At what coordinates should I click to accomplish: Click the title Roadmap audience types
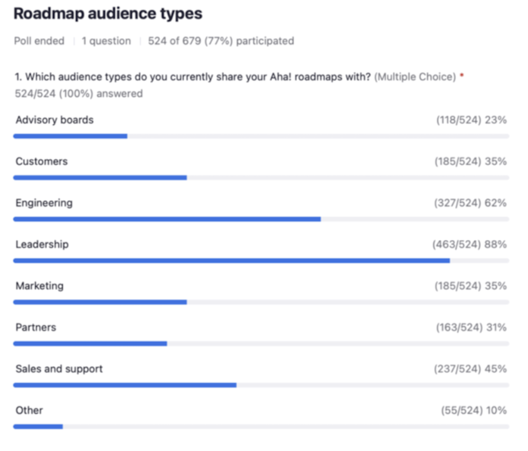[108, 14]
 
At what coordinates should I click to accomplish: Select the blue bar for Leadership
[231, 260]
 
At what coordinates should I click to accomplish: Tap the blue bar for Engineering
[167, 219]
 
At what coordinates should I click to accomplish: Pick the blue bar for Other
[38, 426]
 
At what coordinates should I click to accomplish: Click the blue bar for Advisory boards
[70, 136]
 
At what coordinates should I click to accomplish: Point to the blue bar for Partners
[90, 343]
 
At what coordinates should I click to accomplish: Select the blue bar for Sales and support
[125, 385]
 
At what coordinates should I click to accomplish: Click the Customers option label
[42, 162]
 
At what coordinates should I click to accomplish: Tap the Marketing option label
[40, 286]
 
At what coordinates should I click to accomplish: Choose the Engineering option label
[44, 203]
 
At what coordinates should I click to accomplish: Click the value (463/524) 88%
[469, 245]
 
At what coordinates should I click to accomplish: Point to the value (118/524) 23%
[471, 120]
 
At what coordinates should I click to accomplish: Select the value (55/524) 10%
[474, 410]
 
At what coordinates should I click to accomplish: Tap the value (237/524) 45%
[470, 369]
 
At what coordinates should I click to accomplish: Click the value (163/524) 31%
[471, 327]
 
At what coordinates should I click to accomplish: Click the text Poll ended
[39, 41]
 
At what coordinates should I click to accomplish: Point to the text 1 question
[106, 41]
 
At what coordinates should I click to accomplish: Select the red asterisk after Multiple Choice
[462, 76]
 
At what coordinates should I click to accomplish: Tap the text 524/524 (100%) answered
[79, 93]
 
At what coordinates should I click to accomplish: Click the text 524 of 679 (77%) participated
[221, 41]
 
